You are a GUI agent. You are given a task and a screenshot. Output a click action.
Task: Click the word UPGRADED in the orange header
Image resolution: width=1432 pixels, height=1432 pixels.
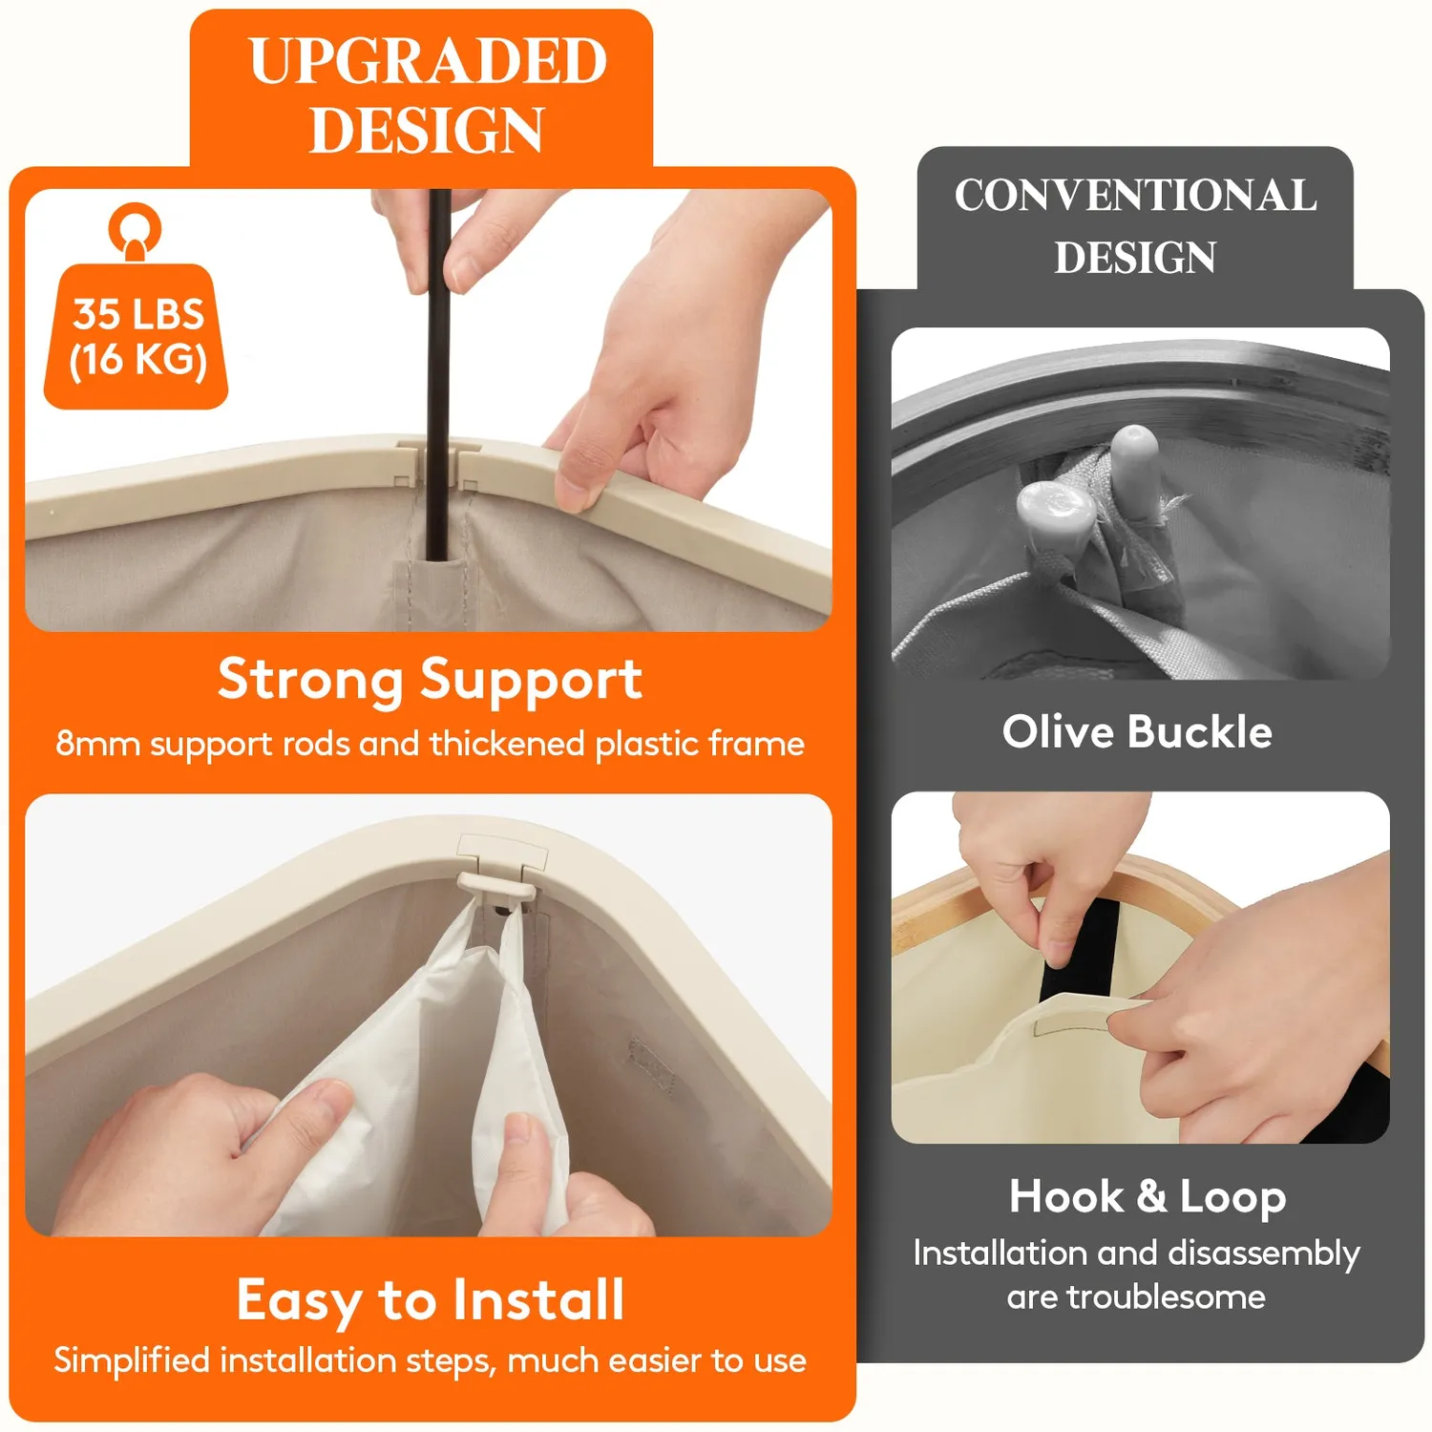coord(428,61)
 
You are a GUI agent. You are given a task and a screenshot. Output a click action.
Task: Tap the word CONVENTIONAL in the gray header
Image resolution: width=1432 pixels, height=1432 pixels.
coord(1136,196)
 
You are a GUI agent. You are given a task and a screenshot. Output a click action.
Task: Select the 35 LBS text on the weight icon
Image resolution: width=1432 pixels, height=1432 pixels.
coord(138,314)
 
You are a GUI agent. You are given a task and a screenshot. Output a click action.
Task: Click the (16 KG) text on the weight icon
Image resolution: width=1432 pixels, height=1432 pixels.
coord(138,360)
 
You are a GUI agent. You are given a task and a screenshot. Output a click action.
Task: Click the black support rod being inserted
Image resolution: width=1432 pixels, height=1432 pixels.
coord(438,372)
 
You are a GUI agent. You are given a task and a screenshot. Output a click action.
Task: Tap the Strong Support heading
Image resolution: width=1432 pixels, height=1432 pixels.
coord(430,681)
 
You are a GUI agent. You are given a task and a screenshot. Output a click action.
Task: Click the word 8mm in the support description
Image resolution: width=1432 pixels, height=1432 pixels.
coord(97,744)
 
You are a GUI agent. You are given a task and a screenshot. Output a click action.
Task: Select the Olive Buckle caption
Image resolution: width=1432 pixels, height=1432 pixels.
coord(1137,732)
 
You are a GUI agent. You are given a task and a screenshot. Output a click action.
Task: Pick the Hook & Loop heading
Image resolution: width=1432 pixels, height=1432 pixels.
coord(1148,1197)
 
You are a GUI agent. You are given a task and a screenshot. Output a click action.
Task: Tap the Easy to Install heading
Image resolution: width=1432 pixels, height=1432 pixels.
coord(431,1300)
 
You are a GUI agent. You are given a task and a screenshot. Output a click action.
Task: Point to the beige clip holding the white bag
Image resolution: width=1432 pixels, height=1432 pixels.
coord(498,887)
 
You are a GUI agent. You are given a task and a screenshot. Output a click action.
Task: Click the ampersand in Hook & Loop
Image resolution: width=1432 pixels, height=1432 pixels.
coord(1151,1196)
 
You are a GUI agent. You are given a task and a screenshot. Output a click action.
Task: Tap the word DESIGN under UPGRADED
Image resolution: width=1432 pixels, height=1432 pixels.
coord(428,130)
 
